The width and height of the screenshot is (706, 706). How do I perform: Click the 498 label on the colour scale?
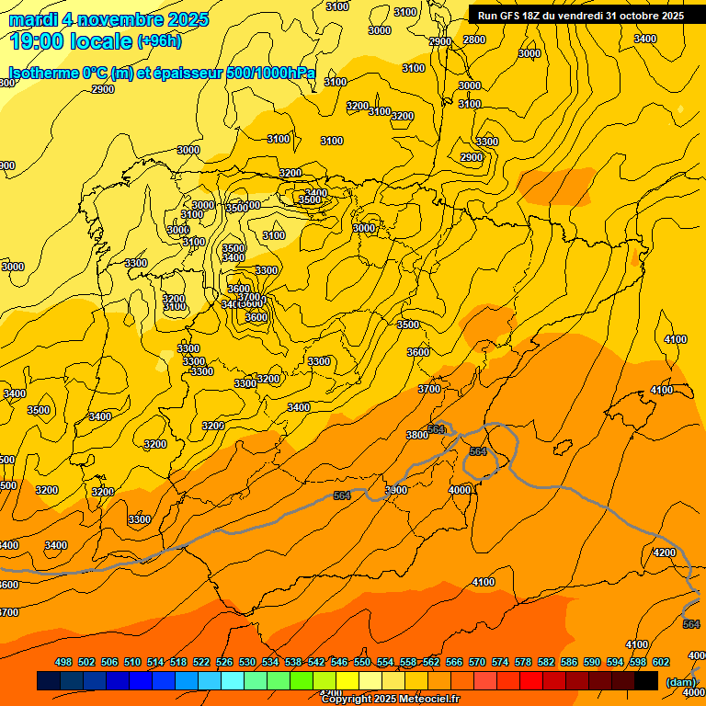pos(63,662)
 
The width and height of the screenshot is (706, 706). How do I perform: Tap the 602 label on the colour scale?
pos(661,662)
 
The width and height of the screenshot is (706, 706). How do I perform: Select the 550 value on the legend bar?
pos(362,662)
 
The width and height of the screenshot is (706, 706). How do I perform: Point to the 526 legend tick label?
pos(224,662)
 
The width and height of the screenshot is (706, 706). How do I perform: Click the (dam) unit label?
pos(680,681)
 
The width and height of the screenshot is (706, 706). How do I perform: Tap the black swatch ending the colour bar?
pos(646,680)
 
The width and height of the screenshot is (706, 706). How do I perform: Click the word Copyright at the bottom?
pos(348,699)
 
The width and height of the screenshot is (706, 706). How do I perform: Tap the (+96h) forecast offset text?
pos(159,41)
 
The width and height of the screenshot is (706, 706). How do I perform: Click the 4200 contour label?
pos(664,552)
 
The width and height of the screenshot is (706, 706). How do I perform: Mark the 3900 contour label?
pos(396,490)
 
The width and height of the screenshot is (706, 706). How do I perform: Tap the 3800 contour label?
pos(417,435)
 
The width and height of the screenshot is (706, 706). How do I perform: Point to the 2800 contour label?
pos(474,40)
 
